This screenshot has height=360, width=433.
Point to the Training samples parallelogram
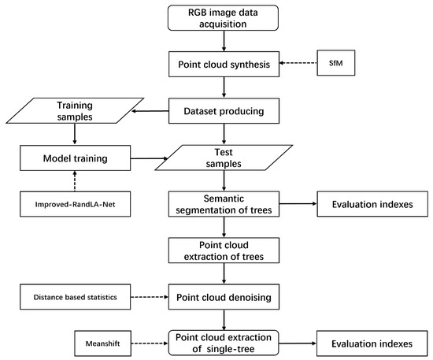click(76, 111)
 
